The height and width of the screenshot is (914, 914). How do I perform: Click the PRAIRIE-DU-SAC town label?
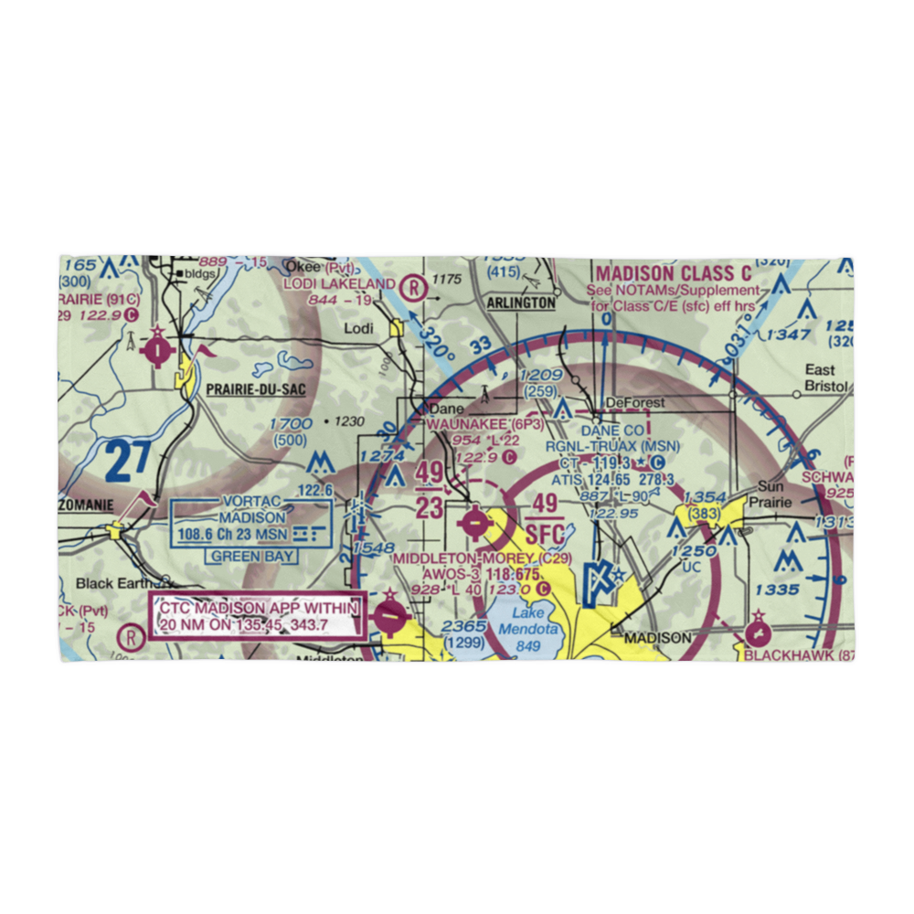click(255, 388)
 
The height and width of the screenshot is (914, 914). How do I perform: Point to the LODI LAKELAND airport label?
click(339, 284)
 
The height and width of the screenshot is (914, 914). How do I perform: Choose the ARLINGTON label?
click(521, 303)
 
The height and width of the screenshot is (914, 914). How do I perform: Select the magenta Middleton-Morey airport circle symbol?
click(476, 524)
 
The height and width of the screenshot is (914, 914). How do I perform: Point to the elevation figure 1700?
click(292, 423)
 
